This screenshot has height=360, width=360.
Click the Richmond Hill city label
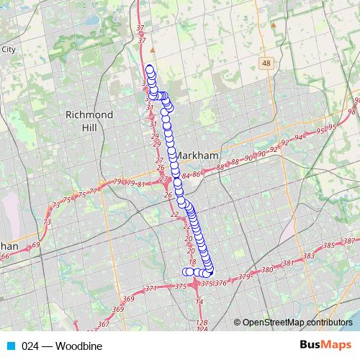click(89, 121)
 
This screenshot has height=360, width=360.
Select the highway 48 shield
click(267, 63)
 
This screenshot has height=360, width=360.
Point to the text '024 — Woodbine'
click(62, 346)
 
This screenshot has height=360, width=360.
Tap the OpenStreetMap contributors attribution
click(293, 323)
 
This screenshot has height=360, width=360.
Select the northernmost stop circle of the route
click(150, 69)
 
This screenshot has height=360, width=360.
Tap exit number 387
click(350, 241)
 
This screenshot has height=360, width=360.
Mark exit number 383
click(309, 256)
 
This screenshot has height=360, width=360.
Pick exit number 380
click(266, 270)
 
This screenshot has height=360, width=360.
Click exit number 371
click(150, 288)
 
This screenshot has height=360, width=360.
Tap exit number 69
click(35, 245)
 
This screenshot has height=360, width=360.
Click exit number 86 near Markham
click(220, 168)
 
